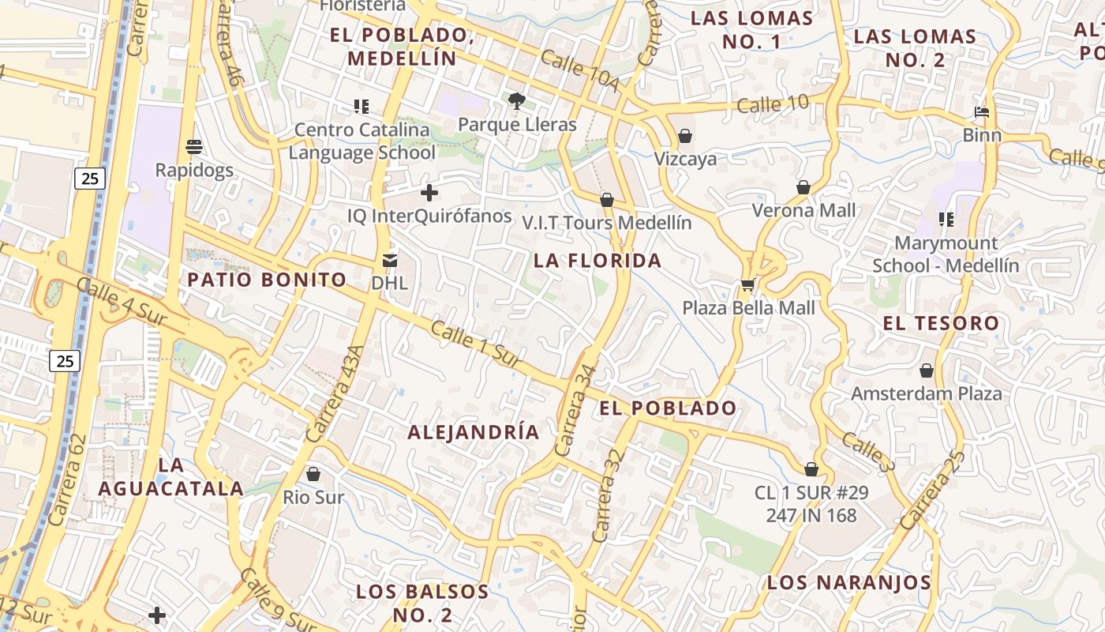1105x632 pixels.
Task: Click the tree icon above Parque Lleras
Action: [517, 100]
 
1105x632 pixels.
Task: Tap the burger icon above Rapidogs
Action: [193, 146]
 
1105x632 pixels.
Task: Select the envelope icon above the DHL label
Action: [390, 260]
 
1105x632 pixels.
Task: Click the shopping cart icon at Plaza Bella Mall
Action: [747, 284]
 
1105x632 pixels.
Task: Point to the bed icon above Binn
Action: [982, 112]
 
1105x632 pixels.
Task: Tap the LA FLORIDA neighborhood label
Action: [597, 261]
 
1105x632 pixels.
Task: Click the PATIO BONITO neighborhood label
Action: [267, 279]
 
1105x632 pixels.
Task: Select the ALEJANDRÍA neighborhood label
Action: [474, 432]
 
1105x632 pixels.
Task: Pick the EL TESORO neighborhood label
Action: [941, 323]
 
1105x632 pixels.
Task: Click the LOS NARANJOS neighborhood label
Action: [849, 583]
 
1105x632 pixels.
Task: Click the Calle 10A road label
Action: [581, 70]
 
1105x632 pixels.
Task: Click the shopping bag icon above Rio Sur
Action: [313, 474]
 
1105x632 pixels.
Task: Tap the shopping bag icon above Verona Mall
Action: [803, 187]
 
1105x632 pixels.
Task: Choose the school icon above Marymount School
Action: [946, 220]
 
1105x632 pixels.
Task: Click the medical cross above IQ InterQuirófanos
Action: [429, 193]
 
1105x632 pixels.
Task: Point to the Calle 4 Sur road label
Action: [110, 301]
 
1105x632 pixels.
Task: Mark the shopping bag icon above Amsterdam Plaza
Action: [927, 371]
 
